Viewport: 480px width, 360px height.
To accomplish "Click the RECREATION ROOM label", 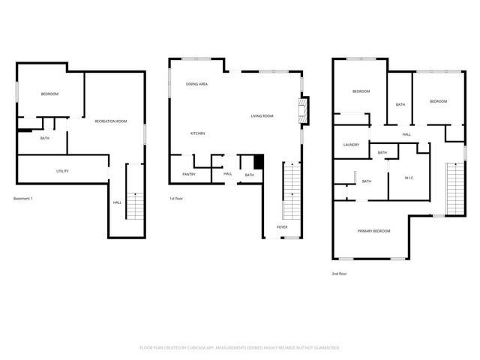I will [x=110, y=121].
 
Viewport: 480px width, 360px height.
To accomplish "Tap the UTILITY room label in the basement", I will [x=63, y=171].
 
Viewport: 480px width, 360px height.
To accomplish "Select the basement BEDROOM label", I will [x=49, y=94].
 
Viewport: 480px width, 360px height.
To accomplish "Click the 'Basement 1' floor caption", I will [x=24, y=199].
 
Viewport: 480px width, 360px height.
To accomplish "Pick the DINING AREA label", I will [x=196, y=84].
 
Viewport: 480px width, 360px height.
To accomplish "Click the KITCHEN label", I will [x=197, y=133].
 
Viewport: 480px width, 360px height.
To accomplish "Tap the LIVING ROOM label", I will [x=262, y=115].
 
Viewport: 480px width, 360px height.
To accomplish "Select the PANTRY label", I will [x=189, y=175].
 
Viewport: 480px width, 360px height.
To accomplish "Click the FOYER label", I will [x=282, y=226].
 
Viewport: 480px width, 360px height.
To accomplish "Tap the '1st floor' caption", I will [x=176, y=199].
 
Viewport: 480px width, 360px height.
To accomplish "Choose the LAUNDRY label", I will [x=351, y=145].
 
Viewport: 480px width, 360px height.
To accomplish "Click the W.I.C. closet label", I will [x=409, y=178].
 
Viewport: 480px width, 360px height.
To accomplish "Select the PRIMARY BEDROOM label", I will [x=373, y=231].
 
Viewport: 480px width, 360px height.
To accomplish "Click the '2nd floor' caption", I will [x=339, y=274].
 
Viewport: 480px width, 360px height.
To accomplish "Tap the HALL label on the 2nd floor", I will [x=406, y=134].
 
